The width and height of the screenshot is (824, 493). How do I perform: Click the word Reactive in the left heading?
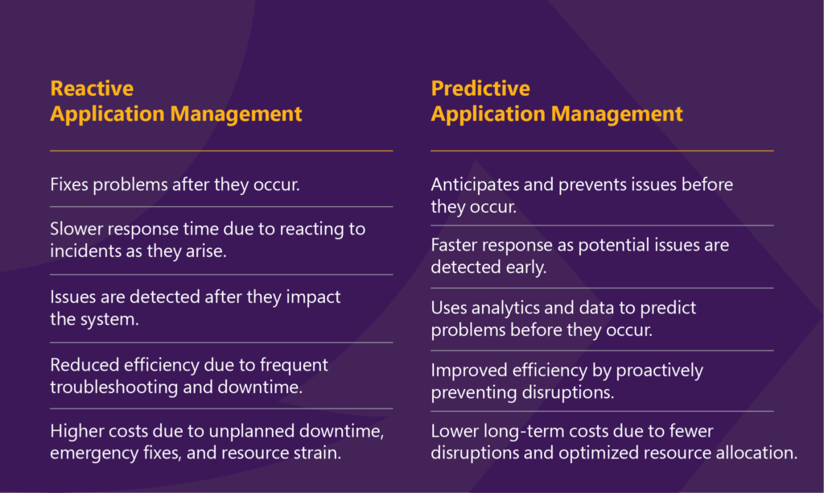92,89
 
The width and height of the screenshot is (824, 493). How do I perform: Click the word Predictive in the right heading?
480,89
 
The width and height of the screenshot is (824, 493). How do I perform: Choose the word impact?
313,298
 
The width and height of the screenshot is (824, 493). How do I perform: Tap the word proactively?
659,371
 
